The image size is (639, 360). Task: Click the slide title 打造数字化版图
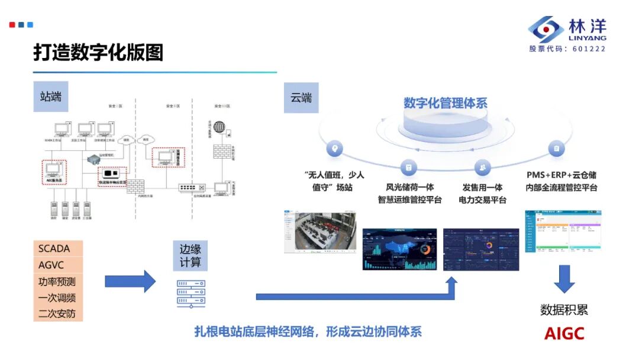pyautogui.click(x=98, y=53)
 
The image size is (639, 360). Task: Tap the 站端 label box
pyautogui.click(x=51, y=97)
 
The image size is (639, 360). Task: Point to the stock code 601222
pyautogui.click(x=589, y=49)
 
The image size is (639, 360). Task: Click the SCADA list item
pyautogui.click(x=54, y=249)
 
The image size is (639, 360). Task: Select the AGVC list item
pyautogui.click(x=51, y=265)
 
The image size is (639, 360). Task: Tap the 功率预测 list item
pyautogui.click(x=57, y=281)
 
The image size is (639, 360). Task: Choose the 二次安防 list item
pyautogui.click(x=57, y=314)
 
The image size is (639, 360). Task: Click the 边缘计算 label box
pyautogui.click(x=191, y=255)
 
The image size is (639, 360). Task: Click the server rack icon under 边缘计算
pyautogui.click(x=191, y=293)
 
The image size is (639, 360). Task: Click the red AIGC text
pyautogui.click(x=564, y=333)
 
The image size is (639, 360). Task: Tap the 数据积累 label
pyautogui.click(x=564, y=310)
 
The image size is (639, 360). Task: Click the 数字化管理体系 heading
pyautogui.click(x=446, y=102)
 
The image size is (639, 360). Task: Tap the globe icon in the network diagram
pyautogui.click(x=220, y=127)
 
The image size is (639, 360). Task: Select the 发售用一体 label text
pyautogui.click(x=482, y=187)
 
